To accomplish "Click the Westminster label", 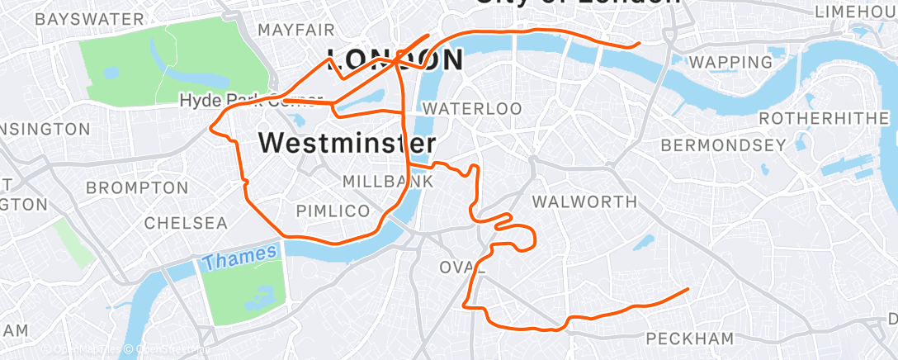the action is click(x=347, y=142).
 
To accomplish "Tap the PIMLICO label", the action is click(x=333, y=211).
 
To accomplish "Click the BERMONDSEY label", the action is click(x=723, y=145).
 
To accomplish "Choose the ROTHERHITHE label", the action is click(x=823, y=119).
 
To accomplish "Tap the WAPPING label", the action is click(x=730, y=62).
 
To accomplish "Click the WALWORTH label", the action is click(x=584, y=201).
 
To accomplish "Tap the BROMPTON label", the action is click(x=126, y=188).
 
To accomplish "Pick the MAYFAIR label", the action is click(x=296, y=30).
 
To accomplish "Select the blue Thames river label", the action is click(x=239, y=258).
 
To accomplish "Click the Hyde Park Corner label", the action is click(x=239, y=101).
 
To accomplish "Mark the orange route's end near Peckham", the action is click(x=688, y=289).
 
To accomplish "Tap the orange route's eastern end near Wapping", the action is click(x=640, y=45).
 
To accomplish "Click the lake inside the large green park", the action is click(x=111, y=72).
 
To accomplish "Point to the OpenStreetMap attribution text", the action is click(x=169, y=351).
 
